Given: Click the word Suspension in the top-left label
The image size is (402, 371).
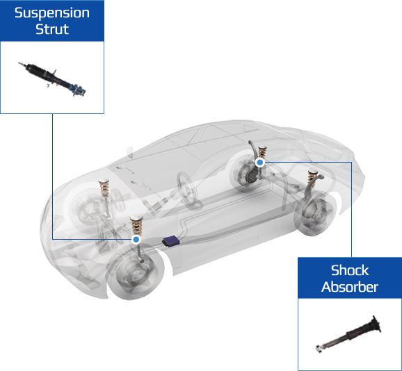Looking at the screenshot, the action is pos(52,13).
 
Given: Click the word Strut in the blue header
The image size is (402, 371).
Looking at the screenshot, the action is pos(52,29).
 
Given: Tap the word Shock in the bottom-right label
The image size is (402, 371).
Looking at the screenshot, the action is pos(350,270).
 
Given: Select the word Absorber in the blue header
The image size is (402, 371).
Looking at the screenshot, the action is pos(350,287).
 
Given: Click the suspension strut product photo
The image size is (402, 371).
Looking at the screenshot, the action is pos(52,79).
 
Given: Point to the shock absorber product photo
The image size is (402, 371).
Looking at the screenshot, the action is pos(348,334).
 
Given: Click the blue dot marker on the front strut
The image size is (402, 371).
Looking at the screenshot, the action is pos(136,240).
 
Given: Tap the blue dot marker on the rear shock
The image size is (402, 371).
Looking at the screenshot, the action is pos(260,163).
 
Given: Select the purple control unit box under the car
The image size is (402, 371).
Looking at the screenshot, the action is pos(171,241).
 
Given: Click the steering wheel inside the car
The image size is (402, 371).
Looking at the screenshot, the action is pos(189,190).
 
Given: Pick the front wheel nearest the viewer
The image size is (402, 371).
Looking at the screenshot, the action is pos(135,272).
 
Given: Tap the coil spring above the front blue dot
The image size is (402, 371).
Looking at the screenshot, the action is pos(136,225).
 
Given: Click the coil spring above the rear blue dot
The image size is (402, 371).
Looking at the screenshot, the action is pos(262,152).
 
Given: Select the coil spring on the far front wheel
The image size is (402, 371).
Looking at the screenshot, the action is pos(104,188).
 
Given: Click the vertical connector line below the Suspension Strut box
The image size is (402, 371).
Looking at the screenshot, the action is pos(53,176).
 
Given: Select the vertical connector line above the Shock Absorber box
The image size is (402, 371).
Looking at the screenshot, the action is pos(351,209).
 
